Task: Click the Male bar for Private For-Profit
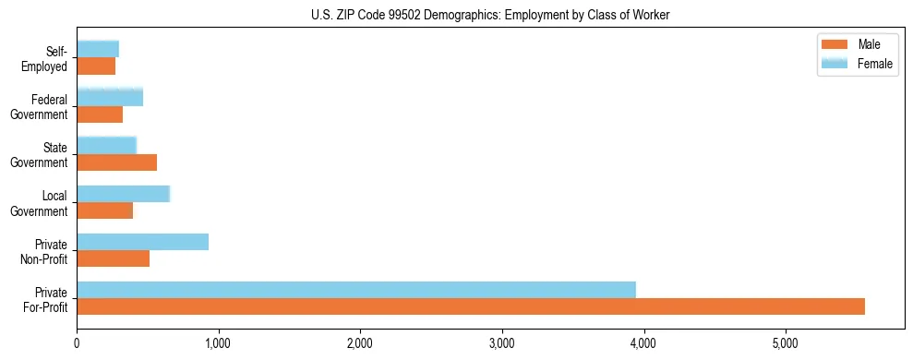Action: pyautogui.click(x=471, y=306)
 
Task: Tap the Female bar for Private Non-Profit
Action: pyautogui.click(x=142, y=242)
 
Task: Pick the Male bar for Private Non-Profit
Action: pyautogui.click(x=113, y=258)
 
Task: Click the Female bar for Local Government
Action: pyautogui.click(x=123, y=194)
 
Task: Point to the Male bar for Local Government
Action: pyautogui.click(x=104, y=210)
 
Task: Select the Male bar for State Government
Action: pyautogui.click(x=116, y=162)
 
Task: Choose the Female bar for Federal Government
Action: pyautogui.click(x=110, y=97)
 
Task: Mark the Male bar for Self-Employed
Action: pyautogui.click(x=96, y=66)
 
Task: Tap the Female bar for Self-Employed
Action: pyautogui.click(x=98, y=49)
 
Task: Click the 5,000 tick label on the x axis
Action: pyautogui.click(x=786, y=344)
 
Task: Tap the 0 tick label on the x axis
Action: pyautogui.click(x=77, y=344)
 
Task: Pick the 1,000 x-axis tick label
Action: pyautogui.click(x=219, y=344)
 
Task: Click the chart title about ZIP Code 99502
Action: pyautogui.click(x=489, y=15)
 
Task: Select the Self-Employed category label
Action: pyautogui.click(x=49, y=58)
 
